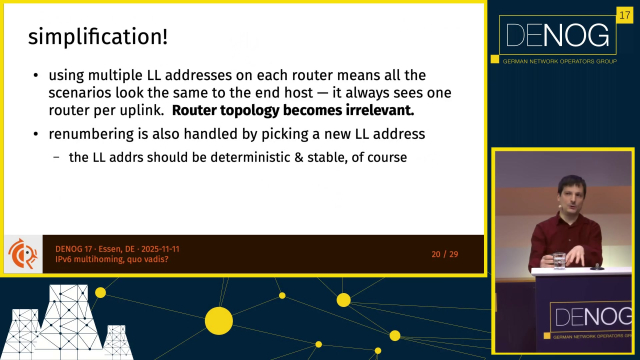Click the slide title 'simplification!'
tap(98, 37)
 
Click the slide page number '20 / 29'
tap(445, 254)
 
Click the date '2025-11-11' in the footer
tap(160, 249)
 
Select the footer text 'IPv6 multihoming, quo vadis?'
tap(112, 259)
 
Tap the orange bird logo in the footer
tap(23, 254)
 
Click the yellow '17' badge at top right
tap(624, 16)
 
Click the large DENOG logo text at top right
tap(558, 35)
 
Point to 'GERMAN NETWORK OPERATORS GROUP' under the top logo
tap(560, 62)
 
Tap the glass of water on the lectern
tap(559, 261)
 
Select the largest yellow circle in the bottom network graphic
tap(219, 321)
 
